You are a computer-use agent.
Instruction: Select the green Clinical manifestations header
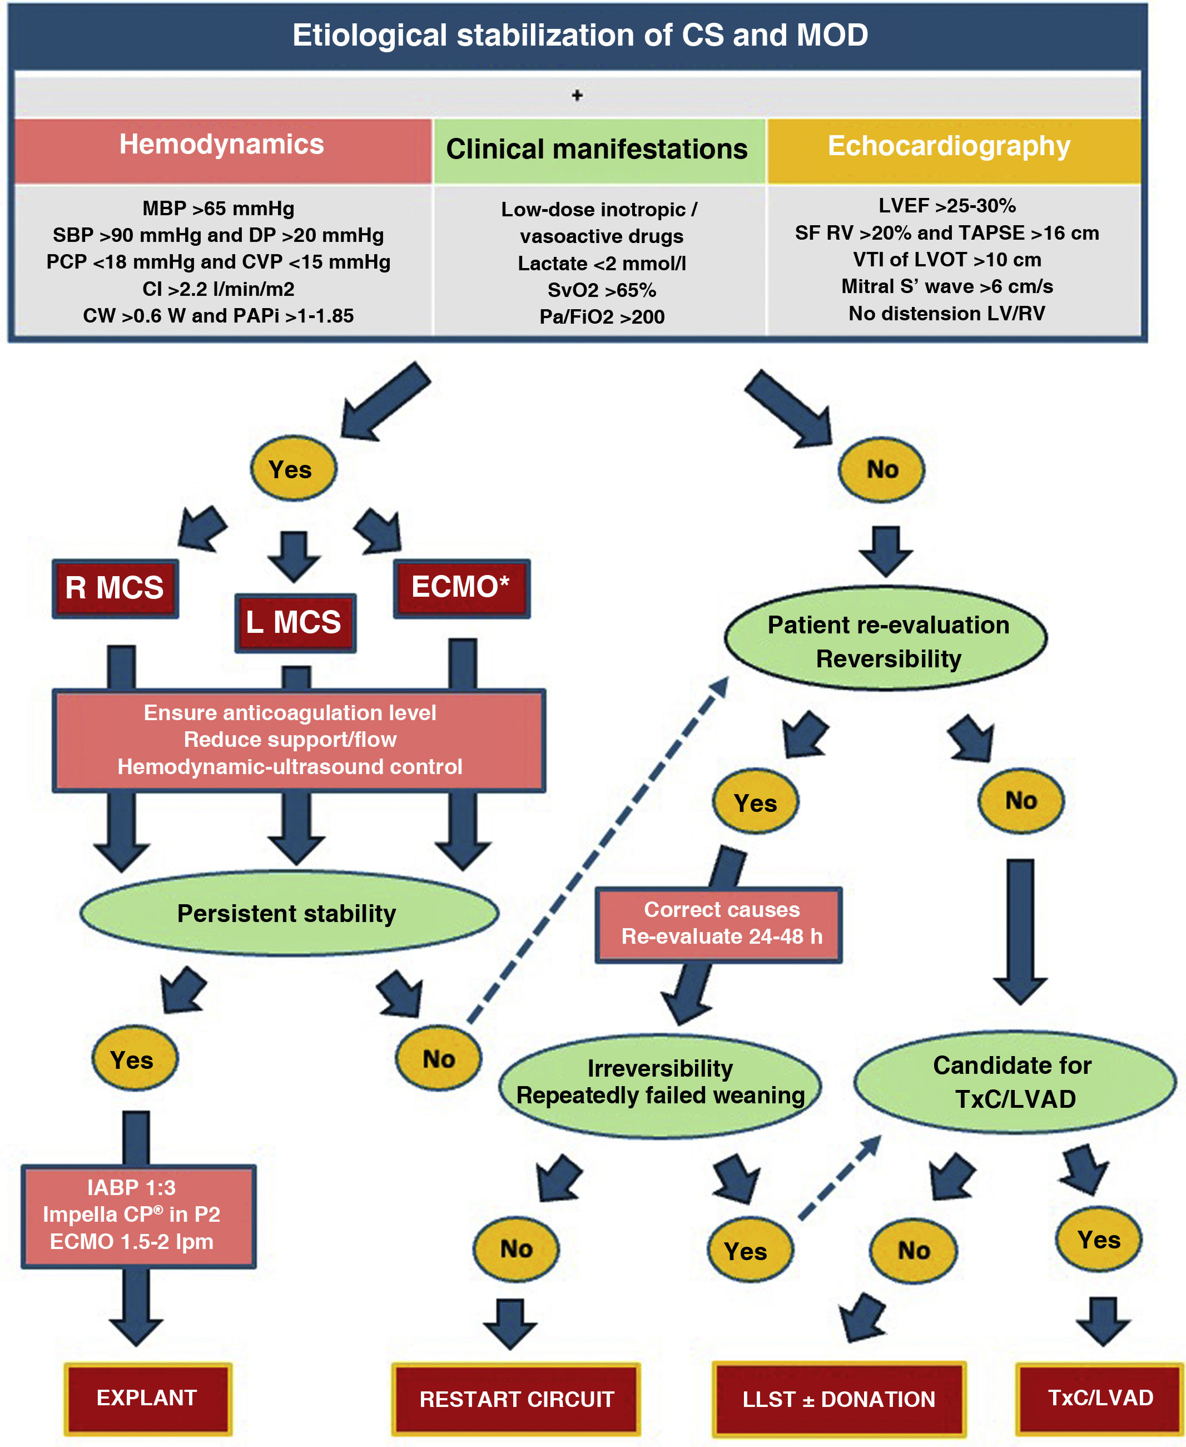coord(597,150)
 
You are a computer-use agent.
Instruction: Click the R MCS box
coord(115,588)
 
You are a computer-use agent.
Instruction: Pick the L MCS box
coord(295,622)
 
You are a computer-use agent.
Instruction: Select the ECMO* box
coord(461,588)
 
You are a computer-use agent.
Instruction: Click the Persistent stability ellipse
coord(287,914)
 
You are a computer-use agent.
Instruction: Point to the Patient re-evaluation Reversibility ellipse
coord(887,641)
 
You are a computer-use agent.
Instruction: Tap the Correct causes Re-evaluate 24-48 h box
coord(720,924)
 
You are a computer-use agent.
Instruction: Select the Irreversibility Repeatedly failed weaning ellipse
coord(660,1083)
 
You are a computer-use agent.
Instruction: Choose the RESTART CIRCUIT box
coord(517,1399)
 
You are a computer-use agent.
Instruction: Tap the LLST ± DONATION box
coord(838,1399)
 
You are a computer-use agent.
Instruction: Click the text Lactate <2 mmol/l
coord(601,264)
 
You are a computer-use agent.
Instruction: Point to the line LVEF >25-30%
coord(947,206)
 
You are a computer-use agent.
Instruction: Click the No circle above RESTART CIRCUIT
coord(516,1249)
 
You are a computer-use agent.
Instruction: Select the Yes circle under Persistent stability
coord(133,1059)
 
